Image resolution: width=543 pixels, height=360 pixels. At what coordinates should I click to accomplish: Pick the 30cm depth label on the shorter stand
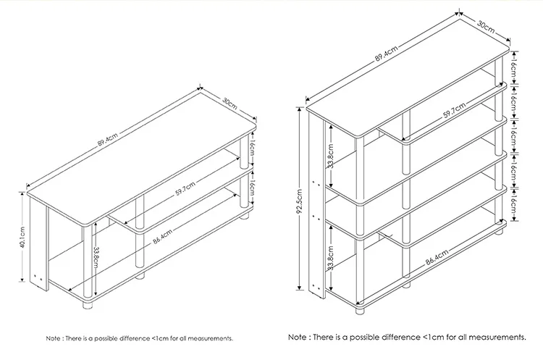coord(230,104)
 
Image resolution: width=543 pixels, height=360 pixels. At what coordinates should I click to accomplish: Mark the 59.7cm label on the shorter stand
coord(185,191)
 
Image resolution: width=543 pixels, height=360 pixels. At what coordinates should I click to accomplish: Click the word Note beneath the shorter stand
coord(55,338)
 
